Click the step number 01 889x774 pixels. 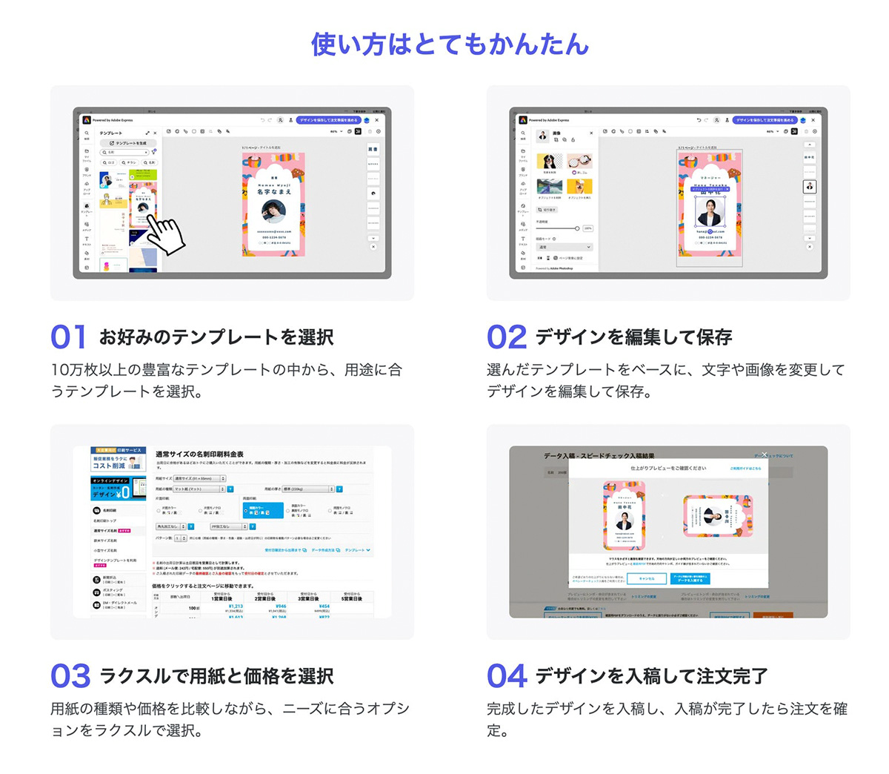(68, 337)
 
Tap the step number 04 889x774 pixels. (507, 676)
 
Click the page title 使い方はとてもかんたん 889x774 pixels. (450, 44)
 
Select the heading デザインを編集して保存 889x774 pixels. (633, 337)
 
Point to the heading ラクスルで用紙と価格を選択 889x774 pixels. (216, 676)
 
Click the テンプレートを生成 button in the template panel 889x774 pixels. (129, 143)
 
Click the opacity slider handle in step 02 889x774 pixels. (577, 228)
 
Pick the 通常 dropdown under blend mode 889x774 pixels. (565, 247)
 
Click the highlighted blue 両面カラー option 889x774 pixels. (263, 510)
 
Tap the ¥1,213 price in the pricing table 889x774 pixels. (236, 606)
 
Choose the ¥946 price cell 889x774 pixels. (280, 606)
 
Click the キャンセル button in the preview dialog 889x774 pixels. (646, 578)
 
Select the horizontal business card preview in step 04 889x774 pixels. (716, 516)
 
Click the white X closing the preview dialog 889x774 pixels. (764, 454)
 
